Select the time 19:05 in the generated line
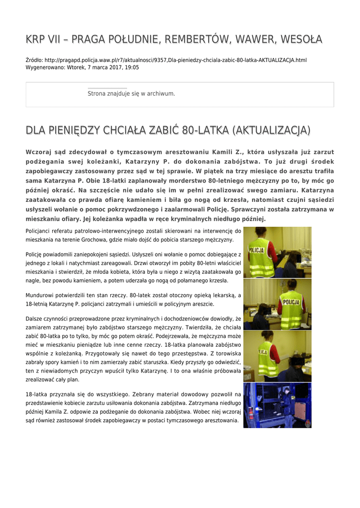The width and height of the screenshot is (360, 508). click(x=132, y=67)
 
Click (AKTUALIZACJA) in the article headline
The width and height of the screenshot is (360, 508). click(x=271, y=130)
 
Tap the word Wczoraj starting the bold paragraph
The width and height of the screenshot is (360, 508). click(x=41, y=152)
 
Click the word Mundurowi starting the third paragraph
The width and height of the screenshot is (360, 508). click(x=42, y=295)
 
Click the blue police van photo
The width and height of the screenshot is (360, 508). click(x=277, y=405)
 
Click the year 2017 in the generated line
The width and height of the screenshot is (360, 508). click(x=114, y=67)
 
